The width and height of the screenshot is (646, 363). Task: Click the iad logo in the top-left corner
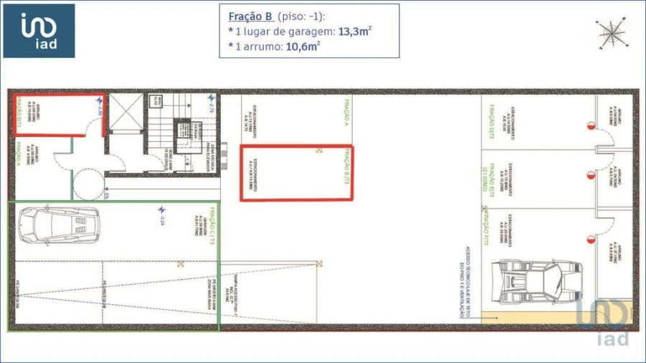39,31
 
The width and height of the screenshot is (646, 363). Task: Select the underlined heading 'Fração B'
244,16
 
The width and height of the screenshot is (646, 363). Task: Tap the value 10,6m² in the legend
303,47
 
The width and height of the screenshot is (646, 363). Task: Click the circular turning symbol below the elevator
88,184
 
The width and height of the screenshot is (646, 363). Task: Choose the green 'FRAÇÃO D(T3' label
493,122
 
